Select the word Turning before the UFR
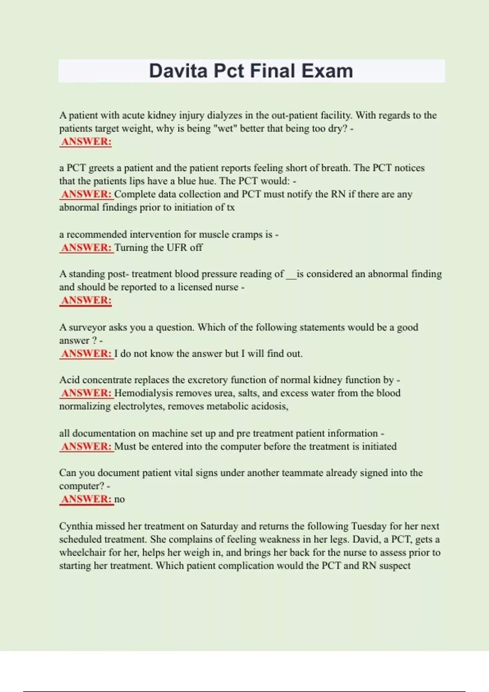(130, 247)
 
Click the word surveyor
(97, 327)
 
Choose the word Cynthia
(76, 526)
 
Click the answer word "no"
(119, 499)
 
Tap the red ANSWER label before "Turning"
(86, 247)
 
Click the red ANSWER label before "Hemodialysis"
(86, 393)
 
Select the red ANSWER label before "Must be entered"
(86, 447)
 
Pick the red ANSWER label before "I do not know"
(86, 354)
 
